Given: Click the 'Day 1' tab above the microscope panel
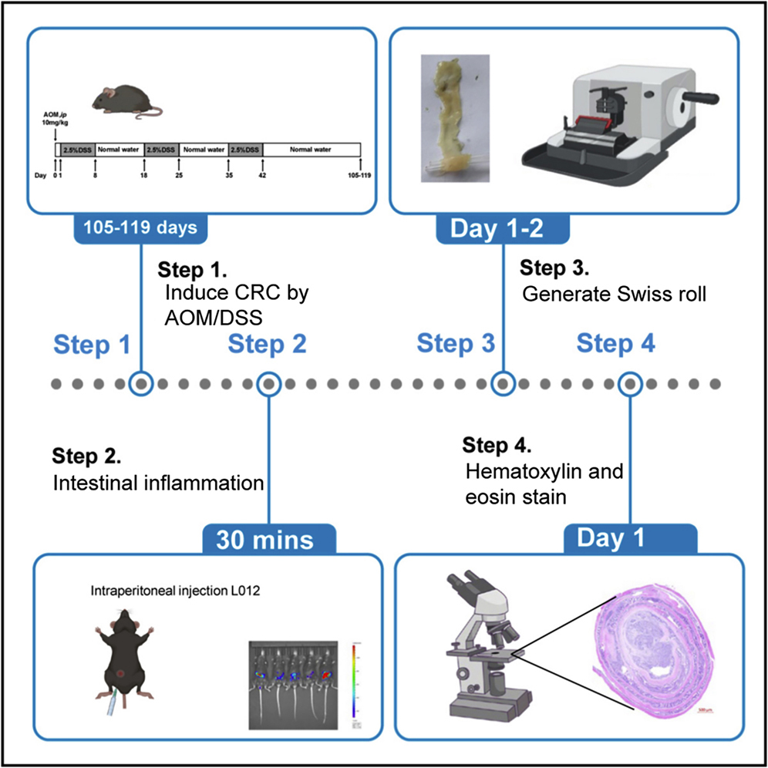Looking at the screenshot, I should (x=631, y=540).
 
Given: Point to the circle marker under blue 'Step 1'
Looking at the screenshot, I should (x=140, y=383).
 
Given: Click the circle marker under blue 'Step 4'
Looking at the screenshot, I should (x=631, y=383).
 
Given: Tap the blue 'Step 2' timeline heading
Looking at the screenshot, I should (x=267, y=344).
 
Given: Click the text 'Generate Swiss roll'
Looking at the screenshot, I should (x=614, y=295).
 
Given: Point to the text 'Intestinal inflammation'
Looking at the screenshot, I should (x=159, y=483).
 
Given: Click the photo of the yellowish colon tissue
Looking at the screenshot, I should (x=455, y=117).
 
